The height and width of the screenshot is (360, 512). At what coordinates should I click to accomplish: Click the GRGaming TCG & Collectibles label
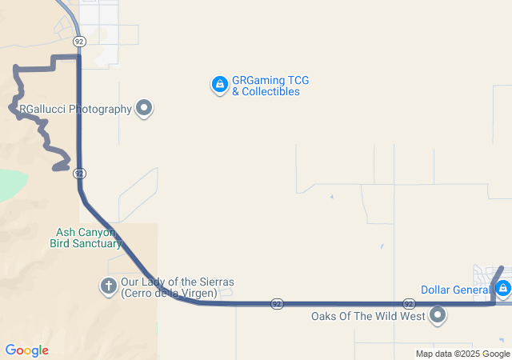click(270, 86)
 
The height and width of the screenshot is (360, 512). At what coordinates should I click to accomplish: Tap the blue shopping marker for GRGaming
click(219, 83)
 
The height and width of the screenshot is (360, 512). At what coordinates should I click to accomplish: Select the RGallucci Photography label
click(74, 109)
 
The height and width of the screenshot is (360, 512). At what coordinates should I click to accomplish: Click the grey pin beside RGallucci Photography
click(144, 108)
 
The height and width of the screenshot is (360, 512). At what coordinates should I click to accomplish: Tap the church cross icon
click(108, 286)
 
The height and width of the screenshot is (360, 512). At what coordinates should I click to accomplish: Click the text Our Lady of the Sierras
click(177, 282)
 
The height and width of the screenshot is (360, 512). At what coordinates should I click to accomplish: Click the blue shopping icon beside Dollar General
click(502, 287)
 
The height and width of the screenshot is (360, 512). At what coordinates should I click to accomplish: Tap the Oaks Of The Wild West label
click(367, 316)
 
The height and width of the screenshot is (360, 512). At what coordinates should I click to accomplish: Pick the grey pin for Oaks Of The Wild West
click(438, 315)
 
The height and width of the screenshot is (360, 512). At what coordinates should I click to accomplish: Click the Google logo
click(26, 350)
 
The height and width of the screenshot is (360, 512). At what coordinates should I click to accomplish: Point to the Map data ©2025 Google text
click(462, 354)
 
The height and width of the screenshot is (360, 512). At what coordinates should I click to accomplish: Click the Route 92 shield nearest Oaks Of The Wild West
click(408, 304)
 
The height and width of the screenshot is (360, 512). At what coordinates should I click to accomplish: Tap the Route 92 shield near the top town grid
click(78, 40)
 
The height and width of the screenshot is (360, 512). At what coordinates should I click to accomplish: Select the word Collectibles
click(266, 92)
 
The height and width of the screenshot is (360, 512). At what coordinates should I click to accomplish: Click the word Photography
click(101, 109)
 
